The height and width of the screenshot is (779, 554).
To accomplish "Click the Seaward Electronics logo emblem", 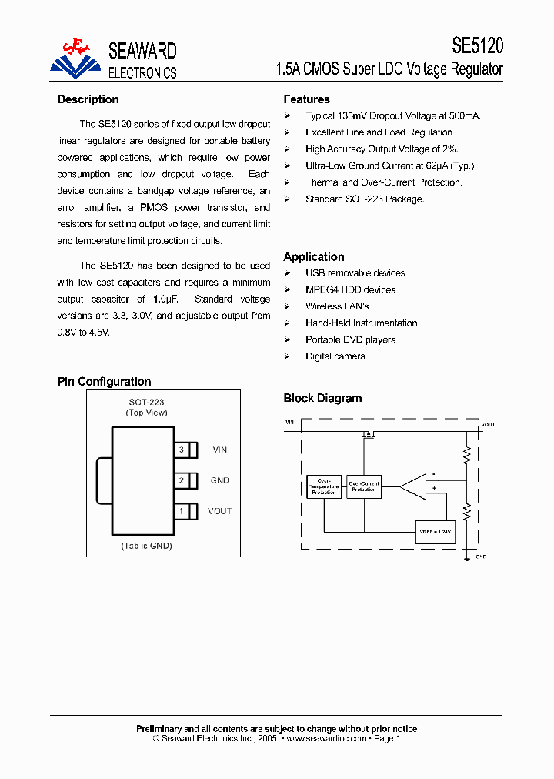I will [x=75, y=59].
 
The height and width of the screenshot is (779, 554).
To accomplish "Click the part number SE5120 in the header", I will [x=477, y=46].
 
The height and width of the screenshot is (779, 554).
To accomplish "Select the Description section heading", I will [x=88, y=99].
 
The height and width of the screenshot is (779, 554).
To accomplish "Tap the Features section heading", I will [x=306, y=99].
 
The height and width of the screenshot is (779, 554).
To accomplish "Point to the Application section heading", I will [x=314, y=257].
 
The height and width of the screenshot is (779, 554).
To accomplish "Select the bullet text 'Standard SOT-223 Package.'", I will [x=365, y=199].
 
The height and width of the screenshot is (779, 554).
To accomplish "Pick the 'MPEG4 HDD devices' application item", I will [x=350, y=290].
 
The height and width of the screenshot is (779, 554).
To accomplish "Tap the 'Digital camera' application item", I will [x=335, y=356].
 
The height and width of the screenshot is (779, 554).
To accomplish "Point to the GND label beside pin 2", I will [x=219, y=480].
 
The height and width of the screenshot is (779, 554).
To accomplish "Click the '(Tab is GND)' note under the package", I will [x=146, y=546].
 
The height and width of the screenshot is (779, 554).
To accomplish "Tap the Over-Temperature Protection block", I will [x=323, y=486].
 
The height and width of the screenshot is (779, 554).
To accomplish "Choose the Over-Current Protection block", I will [x=364, y=486].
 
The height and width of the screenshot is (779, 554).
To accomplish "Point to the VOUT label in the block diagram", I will [x=488, y=424].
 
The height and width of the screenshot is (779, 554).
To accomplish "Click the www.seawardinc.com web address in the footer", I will [x=325, y=738].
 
